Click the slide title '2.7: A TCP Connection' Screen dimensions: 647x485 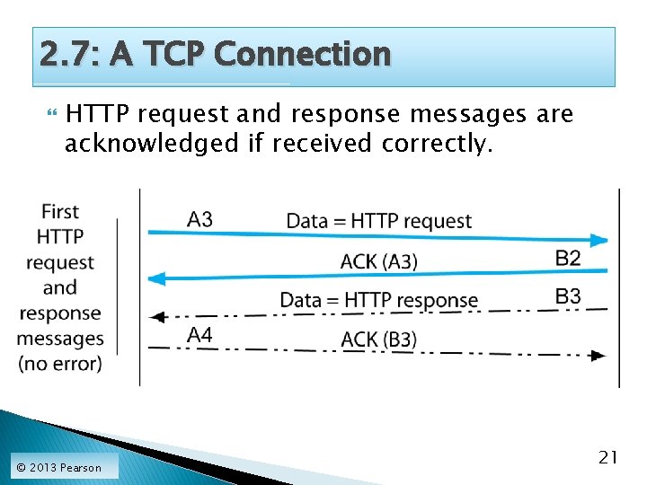216,55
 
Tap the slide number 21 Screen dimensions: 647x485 608,458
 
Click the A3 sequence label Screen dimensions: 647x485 200,219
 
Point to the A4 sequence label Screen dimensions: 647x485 199,335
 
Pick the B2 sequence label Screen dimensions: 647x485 568,259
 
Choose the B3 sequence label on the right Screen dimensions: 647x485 568,296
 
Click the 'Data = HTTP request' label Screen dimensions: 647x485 378,221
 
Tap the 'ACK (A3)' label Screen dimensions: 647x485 379,261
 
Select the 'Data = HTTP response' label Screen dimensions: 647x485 378,300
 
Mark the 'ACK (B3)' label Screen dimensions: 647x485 379,339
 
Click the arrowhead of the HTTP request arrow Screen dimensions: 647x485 599,240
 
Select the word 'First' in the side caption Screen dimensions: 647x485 60,212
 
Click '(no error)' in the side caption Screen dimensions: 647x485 60,364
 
